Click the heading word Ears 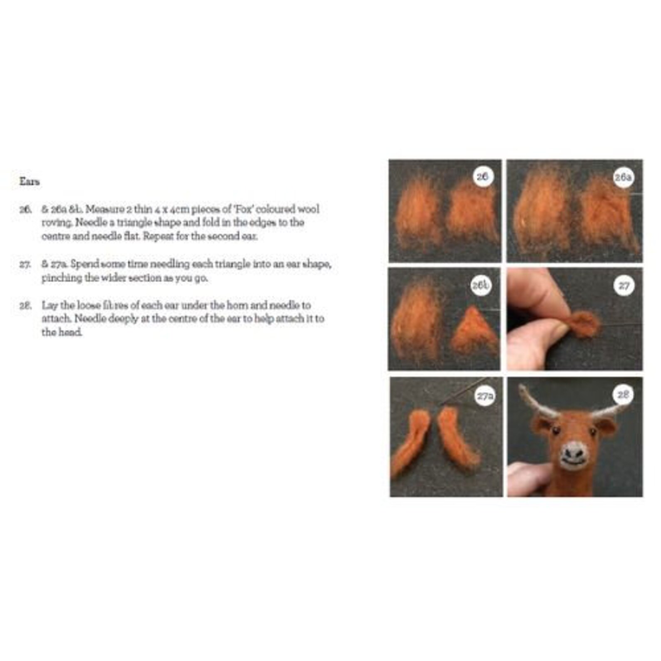coord(30,182)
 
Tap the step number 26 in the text coord(25,209)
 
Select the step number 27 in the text coord(25,264)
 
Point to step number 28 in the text coord(25,305)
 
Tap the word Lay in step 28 coord(49,305)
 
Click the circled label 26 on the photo coord(482,176)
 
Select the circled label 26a coord(623,177)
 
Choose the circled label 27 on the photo coord(624,286)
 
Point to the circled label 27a coord(485,396)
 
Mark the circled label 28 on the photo coord(623,394)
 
